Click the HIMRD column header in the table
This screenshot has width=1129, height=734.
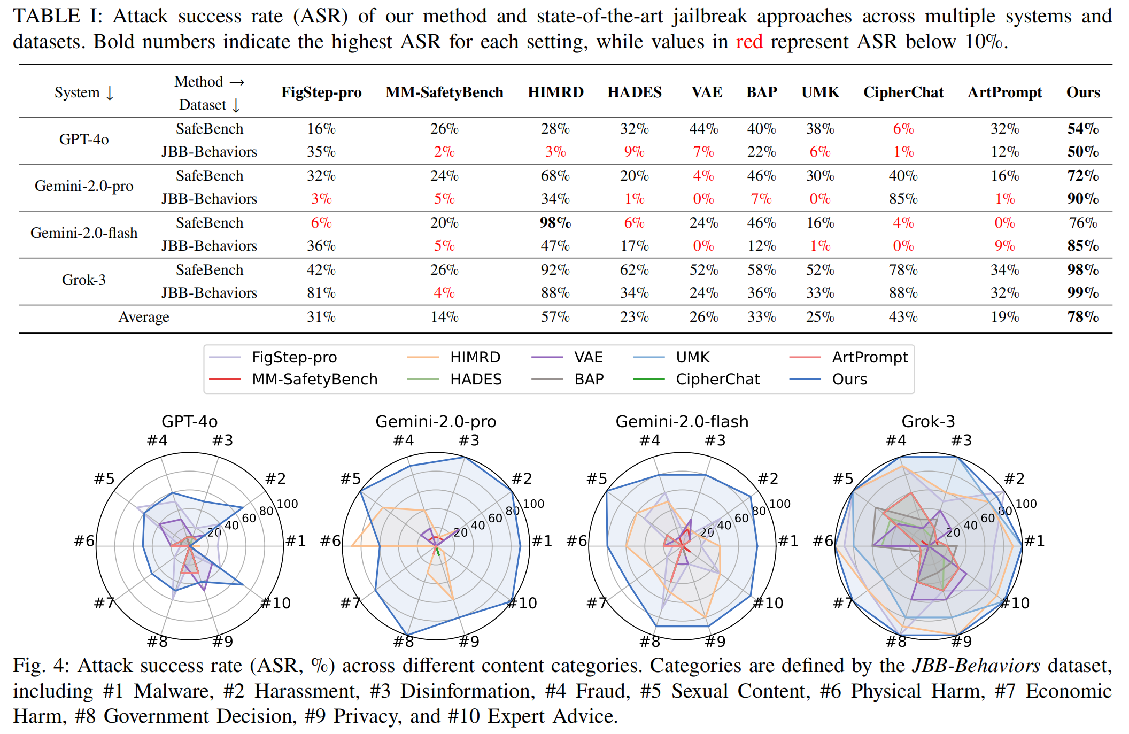click(x=555, y=92)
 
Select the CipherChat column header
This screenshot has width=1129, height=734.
click(x=903, y=92)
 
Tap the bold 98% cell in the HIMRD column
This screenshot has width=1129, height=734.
click(x=555, y=222)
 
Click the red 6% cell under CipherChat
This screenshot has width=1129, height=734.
click(x=903, y=128)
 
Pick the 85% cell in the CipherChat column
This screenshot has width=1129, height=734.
click(x=903, y=199)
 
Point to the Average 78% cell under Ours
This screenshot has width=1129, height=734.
click(x=1083, y=317)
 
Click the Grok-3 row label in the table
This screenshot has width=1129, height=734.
click(x=84, y=280)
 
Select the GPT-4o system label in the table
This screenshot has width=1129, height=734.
click(x=84, y=140)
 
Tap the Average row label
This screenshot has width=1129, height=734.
click(x=144, y=317)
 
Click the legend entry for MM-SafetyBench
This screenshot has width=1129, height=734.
click(x=293, y=379)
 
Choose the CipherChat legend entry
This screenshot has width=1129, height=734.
click(x=696, y=379)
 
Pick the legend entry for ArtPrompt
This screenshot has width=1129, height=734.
click(x=848, y=357)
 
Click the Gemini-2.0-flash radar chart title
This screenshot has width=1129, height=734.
click(x=682, y=421)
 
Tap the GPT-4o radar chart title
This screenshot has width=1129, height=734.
click(x=190, y=421)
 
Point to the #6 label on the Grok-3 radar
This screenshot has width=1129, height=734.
click(x=823, y=541)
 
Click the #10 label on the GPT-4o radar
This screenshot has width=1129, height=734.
click(x=276, y=603)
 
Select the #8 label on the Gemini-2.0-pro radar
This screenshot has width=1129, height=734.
click(x=404, y=641)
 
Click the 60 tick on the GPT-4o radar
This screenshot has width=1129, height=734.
click(x=249, y=518)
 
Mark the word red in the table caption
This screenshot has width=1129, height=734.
click(x=749, y=42)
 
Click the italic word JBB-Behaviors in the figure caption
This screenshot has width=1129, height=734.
click(x=976, y=666)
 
